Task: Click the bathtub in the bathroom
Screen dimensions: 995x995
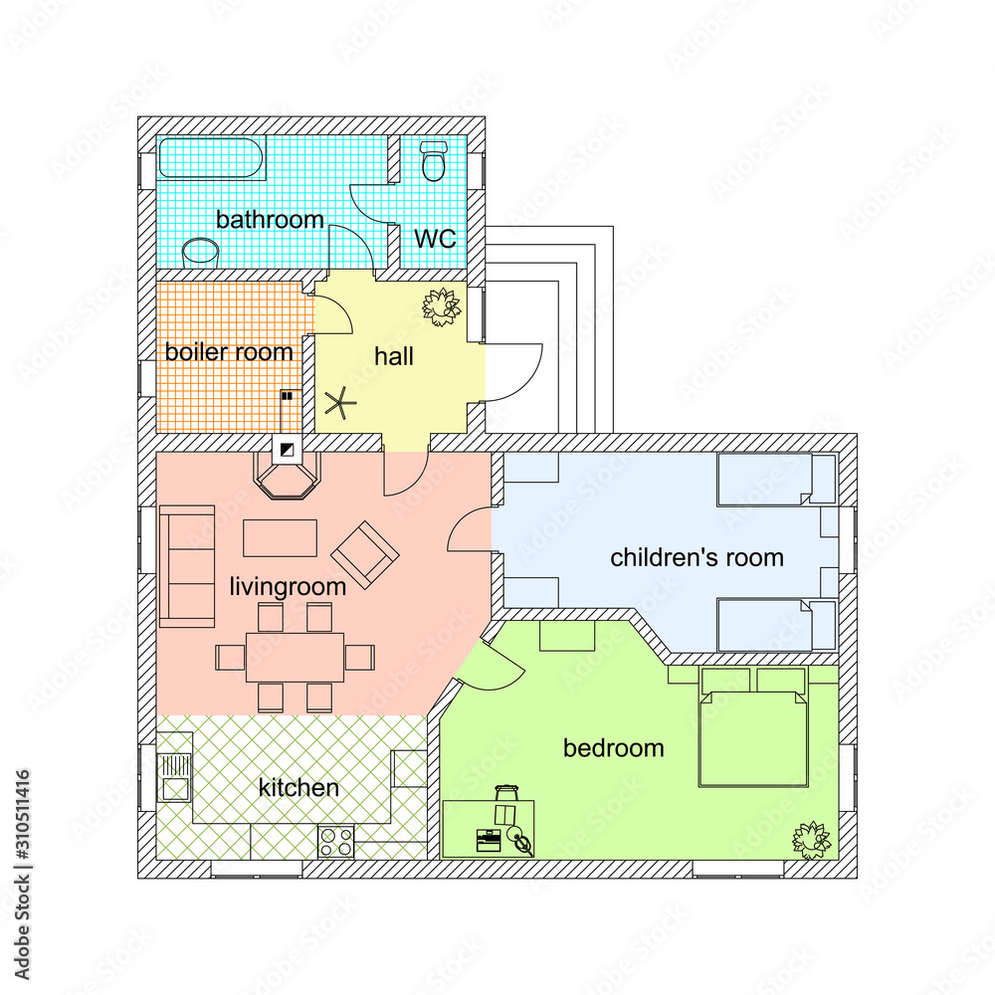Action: click(x=212, y=159)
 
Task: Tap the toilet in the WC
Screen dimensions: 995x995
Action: click(x=433, y=161)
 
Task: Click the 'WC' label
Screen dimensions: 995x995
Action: click(x=435, y=239)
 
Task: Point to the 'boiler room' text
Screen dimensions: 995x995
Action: click(x=229, y=351)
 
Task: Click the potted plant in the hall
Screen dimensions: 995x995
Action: click(x=441, y=306)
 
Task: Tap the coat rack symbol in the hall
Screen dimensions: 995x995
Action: click(x=340, y=404)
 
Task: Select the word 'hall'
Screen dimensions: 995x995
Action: click(x=394, y=356)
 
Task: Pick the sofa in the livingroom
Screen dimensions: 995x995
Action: click(x=188, y=566)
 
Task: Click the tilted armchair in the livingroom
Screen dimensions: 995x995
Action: click(x=365, y=554)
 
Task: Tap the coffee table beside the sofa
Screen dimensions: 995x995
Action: click(x=281, y=537)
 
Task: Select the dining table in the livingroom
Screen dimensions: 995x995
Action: click(x=295, y=657)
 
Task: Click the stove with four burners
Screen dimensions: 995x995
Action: click(x=336, y=842)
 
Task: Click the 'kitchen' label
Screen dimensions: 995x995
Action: click(x=298, y=788)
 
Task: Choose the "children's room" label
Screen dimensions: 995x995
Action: click(x=696, y=557)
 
